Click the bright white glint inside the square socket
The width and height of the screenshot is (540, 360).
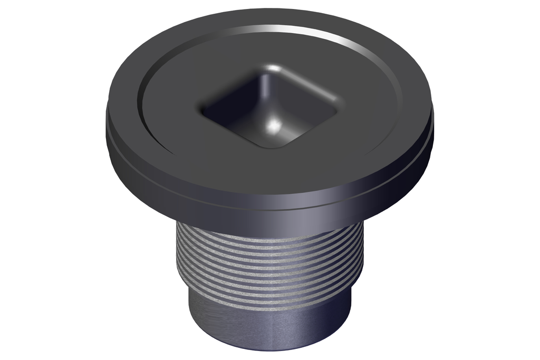point(273,125)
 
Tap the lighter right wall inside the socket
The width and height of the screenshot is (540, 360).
point(306,105)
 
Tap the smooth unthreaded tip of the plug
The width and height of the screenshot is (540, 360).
point(269,327)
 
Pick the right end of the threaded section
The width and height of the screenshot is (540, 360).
point(362,253)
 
